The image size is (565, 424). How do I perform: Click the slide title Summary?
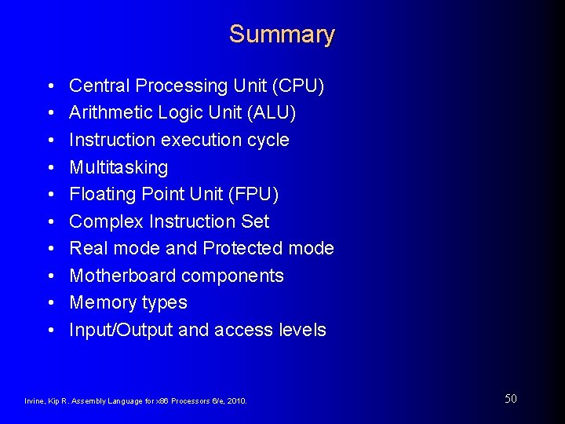pyautogui.click(x=282, y=35)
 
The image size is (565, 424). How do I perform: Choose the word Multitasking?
pyautogui.click(x=118, y=167)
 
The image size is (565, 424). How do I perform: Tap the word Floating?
pyautogui.click(x=102, y=194)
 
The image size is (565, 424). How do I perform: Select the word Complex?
pyautogui.click(x=106, y=222)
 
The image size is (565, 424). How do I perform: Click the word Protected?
pyautogui.click(x=242, y=248)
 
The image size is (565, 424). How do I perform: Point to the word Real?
pyautogui.click(x=87, y=248)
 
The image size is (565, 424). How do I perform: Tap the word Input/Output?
pyautogui.click(x=121, y=331)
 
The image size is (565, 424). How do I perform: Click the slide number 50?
pyautogui.click(x=510, y=399)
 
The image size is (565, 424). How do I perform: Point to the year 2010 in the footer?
pyautogui.click(x=236, y=401)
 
